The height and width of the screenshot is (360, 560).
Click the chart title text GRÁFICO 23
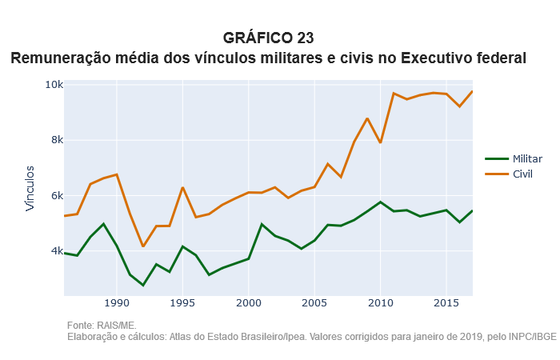pyautogui.click(x=269, y=38)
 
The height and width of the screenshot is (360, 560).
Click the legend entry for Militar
pyautogui.click(x=527, y=158)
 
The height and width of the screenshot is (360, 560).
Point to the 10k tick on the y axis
pyautogui.click(x=54, y=84)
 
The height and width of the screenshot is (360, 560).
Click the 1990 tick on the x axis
pyautogui.click(x=117, y=304)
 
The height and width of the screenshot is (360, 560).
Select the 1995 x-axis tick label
pyautogui.click(x=183, y=304)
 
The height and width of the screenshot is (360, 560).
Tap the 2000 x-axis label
pyautogui.click(x=249, y=304)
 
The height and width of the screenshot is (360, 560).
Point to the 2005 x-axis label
pyautogui.click(x=314, y=304)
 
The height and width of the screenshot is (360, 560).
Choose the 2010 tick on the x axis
pyautogui.click(x=380, y=304)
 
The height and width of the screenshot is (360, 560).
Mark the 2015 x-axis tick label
pyautogui.click(x=446, y=304)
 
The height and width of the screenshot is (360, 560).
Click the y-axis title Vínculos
pyautogui.click(x=30, y=189)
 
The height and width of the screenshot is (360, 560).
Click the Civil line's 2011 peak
pyautogui.click(x=394, y=93)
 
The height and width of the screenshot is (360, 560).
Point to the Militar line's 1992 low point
pyautogui.click(x=143, y=285)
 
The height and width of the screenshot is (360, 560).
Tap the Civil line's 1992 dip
pyautogui.click(x=143, y=246)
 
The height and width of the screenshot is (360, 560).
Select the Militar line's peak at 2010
pyautogui.click(x=380, y=202)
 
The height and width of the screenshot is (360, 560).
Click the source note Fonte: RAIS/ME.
pyautogui.click(x=102, y=326)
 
